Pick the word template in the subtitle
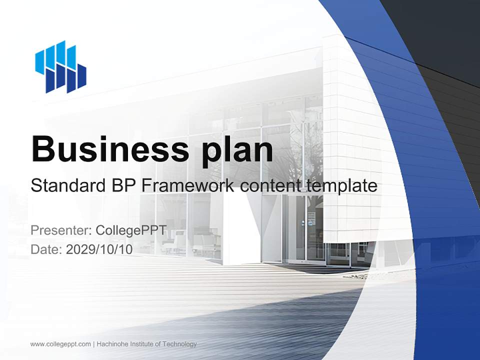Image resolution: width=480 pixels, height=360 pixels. point(341,186)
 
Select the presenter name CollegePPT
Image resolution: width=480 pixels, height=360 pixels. point(130,230)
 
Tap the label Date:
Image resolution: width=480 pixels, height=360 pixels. point(46,249)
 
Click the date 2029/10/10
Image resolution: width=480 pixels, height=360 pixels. point(99,249)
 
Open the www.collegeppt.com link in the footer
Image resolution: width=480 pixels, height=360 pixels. point(60,344)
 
